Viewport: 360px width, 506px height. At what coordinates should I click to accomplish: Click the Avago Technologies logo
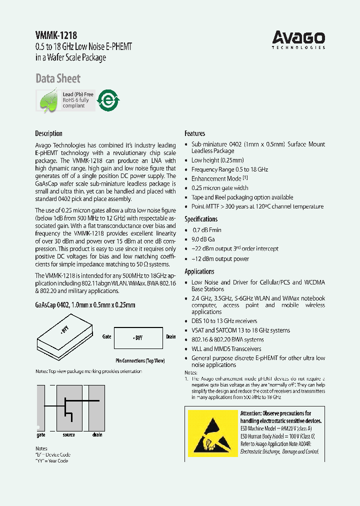click(x=298, y=39)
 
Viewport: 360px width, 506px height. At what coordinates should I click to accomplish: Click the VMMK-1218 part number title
click(x=56, y=35)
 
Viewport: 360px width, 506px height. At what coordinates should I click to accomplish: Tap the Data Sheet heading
click(x=57, y=78)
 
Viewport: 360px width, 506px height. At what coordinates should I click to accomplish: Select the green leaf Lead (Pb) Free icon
click(x=48, y=100)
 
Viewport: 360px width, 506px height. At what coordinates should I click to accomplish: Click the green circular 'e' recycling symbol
click(x=107, y=100)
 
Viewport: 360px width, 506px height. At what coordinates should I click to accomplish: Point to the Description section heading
click(x=48, y=133)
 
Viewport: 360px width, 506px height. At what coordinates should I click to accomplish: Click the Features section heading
click(x=195, y=133)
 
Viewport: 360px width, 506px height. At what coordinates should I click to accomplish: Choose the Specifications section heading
click(x=201, y=219)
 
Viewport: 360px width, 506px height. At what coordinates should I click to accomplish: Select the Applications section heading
click(x=199, y=271)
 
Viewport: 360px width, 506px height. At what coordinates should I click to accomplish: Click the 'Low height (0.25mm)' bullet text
click(x=217, y=160)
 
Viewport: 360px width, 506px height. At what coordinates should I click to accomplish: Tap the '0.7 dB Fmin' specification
click(x=207, y=230)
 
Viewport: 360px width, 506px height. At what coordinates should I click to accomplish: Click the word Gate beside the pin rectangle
click(x=106, y=337)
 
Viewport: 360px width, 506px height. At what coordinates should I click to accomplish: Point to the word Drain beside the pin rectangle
click(x=171, y=337)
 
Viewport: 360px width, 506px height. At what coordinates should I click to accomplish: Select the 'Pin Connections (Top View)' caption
click(x=138, y=360)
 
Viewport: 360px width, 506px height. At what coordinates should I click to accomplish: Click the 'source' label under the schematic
click(x=69, y=435)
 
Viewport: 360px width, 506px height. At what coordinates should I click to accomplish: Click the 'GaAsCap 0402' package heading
click(x=85, y=305)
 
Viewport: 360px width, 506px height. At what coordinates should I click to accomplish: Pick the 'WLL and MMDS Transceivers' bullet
click(x=226, y=349)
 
